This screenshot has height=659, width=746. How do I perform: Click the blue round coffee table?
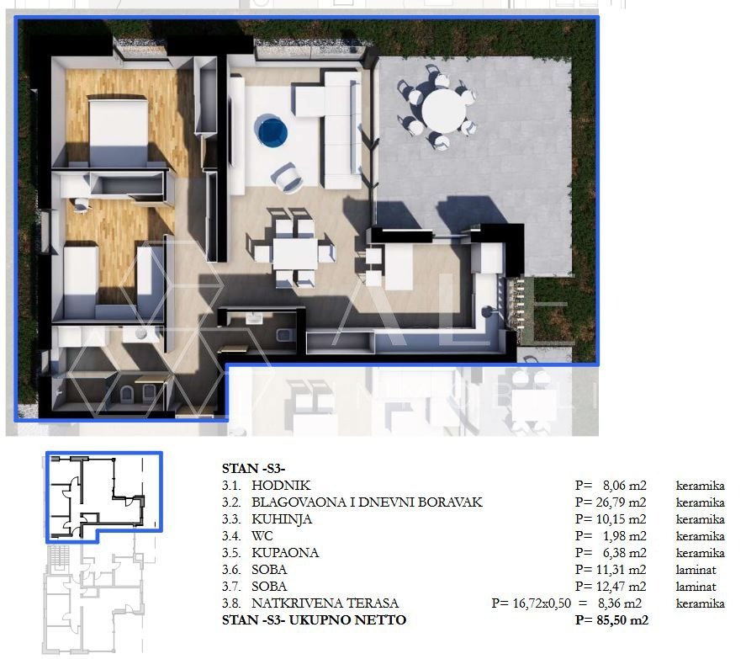271,131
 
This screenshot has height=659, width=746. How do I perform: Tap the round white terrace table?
443,111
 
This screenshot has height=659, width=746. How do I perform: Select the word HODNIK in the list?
281,486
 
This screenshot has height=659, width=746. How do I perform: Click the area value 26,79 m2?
622,502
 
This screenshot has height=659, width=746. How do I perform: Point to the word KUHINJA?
282,519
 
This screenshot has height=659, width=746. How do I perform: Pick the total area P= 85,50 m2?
611,620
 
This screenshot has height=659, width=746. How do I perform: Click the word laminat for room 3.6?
696,570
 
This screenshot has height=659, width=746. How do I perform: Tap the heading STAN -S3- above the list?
254,469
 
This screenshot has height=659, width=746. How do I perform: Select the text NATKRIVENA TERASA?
325,603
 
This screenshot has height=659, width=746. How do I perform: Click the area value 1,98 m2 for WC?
625,536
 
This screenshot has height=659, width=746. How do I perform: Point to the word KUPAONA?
285,553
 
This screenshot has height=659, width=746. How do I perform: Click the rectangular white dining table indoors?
295,254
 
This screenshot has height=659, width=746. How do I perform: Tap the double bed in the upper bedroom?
118,130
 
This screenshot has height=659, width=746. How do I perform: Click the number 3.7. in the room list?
231,587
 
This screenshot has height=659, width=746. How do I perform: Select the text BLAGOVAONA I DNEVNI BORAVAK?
367,502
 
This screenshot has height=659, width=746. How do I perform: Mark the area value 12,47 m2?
622,587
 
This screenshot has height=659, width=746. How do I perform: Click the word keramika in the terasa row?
701,603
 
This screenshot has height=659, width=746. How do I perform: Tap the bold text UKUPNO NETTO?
348,620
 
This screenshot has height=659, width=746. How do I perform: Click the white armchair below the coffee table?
288,178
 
